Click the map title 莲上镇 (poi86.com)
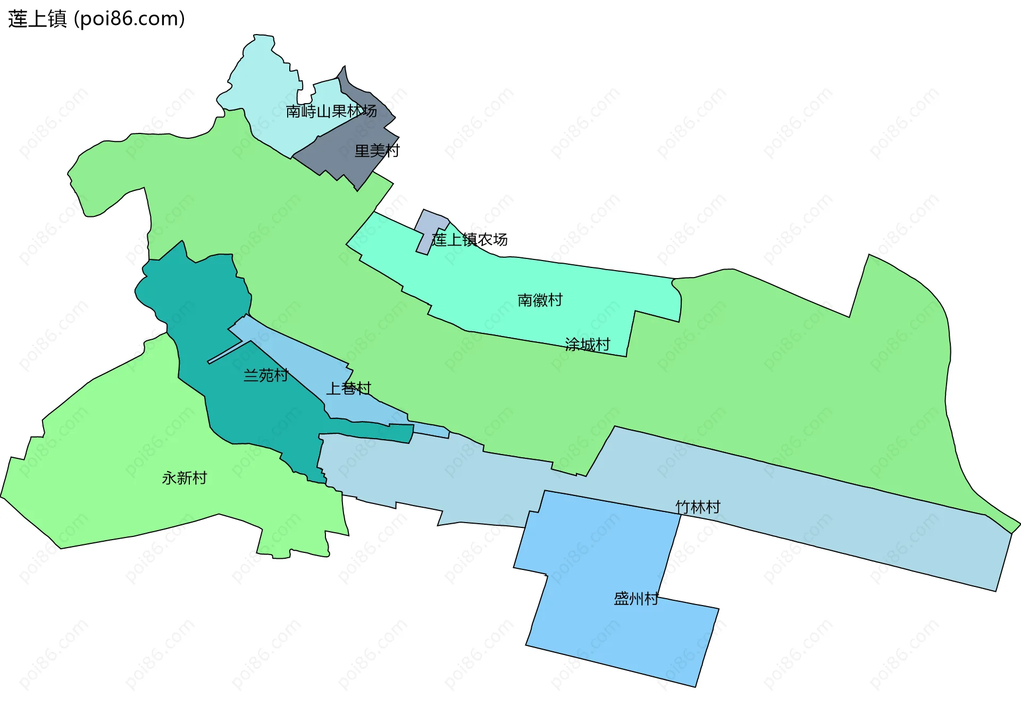click(96, 19)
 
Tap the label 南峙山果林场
click(331, 111)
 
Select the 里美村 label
click(376, 151)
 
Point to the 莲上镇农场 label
click(470, 240)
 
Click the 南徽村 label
click(540, 300)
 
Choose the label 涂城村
click(587, 345)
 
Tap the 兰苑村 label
click(265, 375)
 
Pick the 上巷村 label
click(348, 389)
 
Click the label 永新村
click(184, 478)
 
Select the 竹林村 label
click(698, 507)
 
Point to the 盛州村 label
click(636, 599)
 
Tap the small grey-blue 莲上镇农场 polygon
click(429, 226)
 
